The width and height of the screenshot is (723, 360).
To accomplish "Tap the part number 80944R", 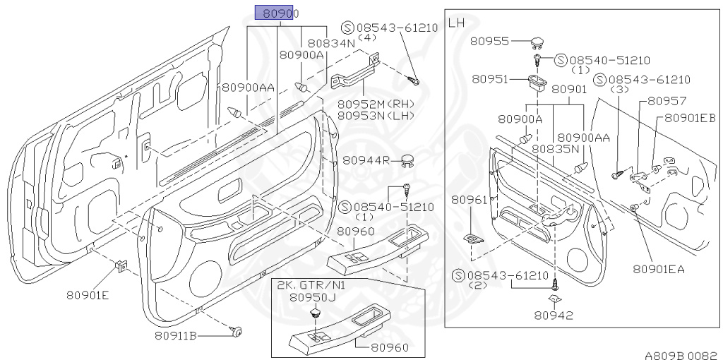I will pyautogui.click(x=366, y=160).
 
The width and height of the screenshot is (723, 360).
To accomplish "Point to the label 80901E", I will pyautogui.click(x=88, y=294).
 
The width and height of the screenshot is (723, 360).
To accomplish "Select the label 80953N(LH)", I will pyautogui.click(x=375, y=115).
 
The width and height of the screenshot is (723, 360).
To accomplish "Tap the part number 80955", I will pyautogui.click(x=491, y=42).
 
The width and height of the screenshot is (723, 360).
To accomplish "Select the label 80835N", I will pyautogui.click(x=556, y=149).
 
